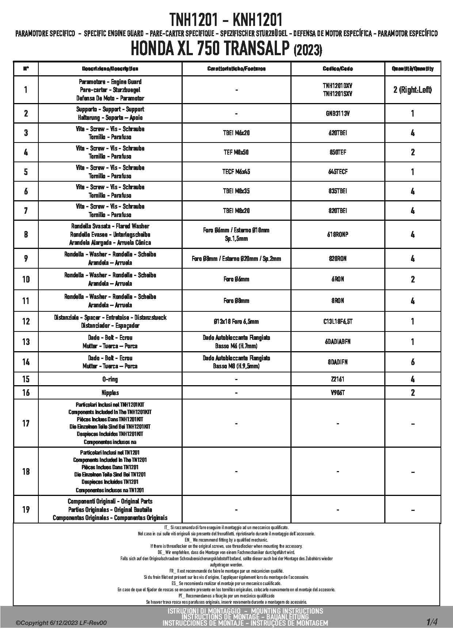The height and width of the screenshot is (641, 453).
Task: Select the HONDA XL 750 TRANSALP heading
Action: (x=226, y=49)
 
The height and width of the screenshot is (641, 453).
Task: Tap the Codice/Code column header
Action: (x=338, y=69)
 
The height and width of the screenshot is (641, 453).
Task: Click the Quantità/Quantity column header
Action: (x=412, y=69)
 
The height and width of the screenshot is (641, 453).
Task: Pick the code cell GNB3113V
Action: (x=338, y=113)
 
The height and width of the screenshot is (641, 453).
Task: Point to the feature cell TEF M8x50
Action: (x=236, y=152)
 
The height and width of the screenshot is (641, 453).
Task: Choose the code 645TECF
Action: (x=338, y=172)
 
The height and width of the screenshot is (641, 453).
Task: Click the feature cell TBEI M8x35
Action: (x=236, y=191)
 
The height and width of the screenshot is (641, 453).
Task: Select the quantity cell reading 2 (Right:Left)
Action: (x=412, y=90)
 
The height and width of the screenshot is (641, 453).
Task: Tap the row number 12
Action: (x=26, y=322)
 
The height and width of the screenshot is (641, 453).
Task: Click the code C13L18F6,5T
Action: (x=338, y=322)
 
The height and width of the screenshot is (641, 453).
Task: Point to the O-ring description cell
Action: (x=110, y=379)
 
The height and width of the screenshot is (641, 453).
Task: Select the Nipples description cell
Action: (x=110, y=393)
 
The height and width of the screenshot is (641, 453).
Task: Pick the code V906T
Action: (x=338, y=393)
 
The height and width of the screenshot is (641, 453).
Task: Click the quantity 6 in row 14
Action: (x=412, y=362)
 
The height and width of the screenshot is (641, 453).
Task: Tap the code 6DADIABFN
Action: (x=338, y=342)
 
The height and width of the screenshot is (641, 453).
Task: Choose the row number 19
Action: (x=26, y=509)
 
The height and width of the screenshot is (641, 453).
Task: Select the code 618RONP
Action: (x=338, y=235)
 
